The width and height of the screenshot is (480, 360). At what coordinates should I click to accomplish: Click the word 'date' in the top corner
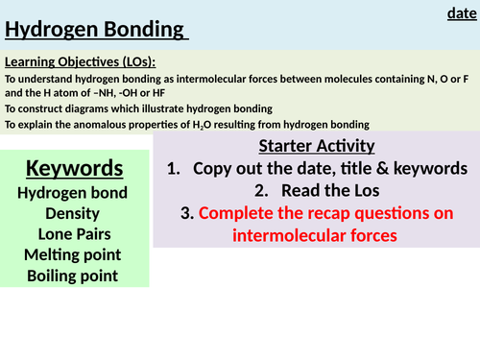pos(461,12)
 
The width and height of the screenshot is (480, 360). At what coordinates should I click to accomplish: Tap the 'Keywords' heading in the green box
pos(74,170)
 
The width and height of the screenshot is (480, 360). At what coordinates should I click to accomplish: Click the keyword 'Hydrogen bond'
pos(74,193)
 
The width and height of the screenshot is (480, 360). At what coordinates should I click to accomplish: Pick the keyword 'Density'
pos(74,213)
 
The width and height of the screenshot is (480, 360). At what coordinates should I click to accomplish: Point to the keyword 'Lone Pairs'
pos(74,233)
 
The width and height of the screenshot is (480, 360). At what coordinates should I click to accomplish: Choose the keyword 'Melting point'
pos(74,254)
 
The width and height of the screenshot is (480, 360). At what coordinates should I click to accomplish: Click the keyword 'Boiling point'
pos(74,276)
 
